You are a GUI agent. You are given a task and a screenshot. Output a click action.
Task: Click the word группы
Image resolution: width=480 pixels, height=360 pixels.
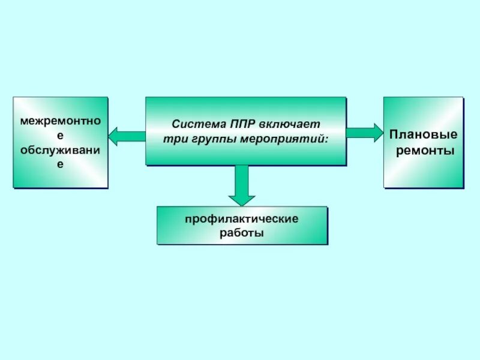pyautogui.click(x=207, y=139)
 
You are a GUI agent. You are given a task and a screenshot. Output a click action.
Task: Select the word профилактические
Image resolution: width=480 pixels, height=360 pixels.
pyautogui.click(x=242, y=220)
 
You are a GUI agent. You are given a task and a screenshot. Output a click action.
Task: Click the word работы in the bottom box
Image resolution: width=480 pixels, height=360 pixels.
pyautogui.click(x=242, y=233)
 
